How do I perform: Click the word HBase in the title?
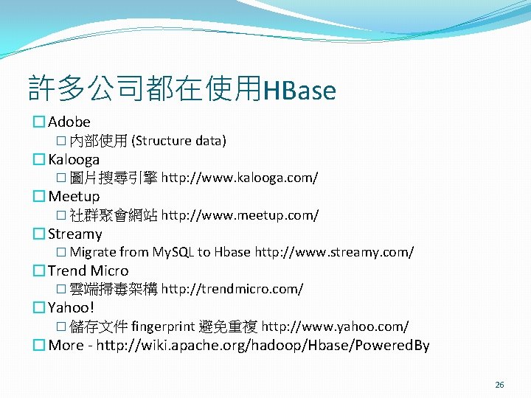coord(299,91)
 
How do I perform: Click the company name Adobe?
coord(69,122)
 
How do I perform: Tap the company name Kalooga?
coord(74,159)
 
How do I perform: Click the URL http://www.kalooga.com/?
coord(240,178)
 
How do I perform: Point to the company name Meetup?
coord(74,196)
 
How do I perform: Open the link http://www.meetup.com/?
coord(240,215)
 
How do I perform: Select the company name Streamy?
coord(75,234)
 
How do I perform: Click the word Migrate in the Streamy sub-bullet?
coord(93,252)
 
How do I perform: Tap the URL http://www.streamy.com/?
coord(334,252)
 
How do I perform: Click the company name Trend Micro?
coord(88,270)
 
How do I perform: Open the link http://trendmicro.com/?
coord(232,289)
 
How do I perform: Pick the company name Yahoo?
coord(72,307)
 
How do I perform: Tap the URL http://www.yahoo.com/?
coord(335,327)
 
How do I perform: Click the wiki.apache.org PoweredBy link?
coord(263,345)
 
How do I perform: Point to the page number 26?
coord(499,385)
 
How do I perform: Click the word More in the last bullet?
coord(66,345)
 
